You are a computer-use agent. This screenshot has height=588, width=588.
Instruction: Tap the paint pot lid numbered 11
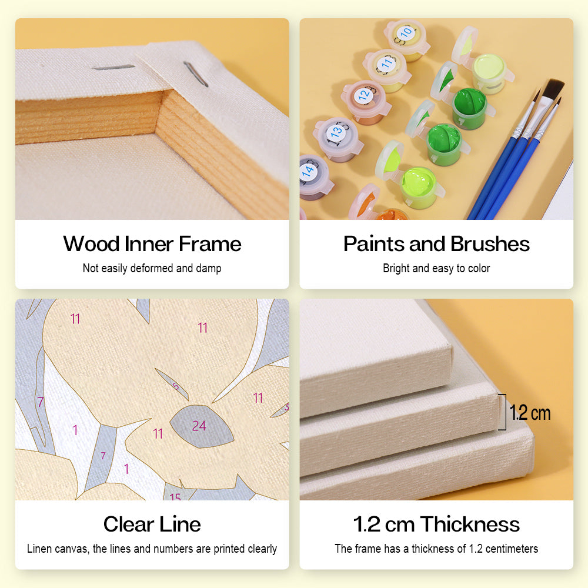[386, 64]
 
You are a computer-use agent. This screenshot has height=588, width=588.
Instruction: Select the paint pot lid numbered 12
[365, 95]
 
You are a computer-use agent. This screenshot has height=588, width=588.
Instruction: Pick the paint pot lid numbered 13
[336, 132]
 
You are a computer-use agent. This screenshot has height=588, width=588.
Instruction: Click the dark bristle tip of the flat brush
[554, 89]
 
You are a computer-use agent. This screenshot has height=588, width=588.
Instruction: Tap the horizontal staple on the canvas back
[113, 68]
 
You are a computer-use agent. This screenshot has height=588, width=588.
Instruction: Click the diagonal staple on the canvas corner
[195, 74]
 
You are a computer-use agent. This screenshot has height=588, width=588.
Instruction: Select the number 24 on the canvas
[199, 426]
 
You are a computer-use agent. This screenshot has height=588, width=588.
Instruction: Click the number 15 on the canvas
[175, 497]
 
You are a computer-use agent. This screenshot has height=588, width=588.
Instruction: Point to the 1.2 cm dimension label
[530, 413]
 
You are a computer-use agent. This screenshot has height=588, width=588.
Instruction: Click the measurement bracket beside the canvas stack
[504, 412]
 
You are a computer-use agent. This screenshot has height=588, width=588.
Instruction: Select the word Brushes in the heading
[490, 244]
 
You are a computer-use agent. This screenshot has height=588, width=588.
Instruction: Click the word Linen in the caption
[39, 549]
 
